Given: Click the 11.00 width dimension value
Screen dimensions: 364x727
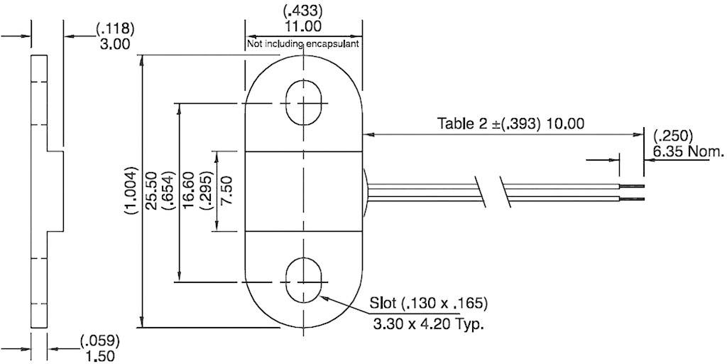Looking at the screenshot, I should (304, 27).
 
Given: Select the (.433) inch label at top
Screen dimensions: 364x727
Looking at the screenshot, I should (304, 11).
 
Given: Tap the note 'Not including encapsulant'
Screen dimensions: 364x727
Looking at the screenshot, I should (303, 44).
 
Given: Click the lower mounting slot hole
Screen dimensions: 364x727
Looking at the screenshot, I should (304, 281).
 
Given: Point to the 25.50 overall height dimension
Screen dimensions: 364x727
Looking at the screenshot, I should (151, 192).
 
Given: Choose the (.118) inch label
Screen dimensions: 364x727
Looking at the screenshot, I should (114, 28).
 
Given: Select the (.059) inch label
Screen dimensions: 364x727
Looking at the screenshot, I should (99, 340).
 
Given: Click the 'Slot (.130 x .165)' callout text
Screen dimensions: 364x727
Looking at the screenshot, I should (428, 304).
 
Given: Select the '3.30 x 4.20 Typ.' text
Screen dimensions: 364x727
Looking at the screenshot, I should (428, 326).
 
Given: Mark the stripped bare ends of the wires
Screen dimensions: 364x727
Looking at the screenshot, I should (632, 192).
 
